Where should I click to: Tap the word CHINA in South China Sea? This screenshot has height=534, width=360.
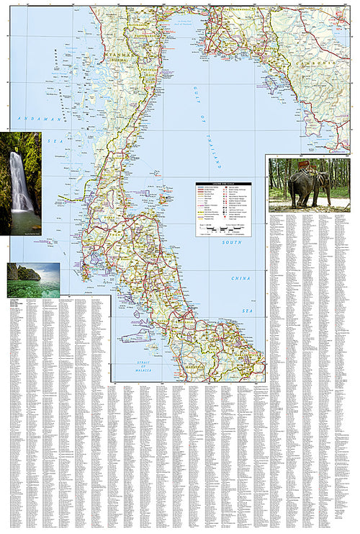(x=240, y=277)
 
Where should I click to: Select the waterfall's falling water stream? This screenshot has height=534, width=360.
(x=19, y=180)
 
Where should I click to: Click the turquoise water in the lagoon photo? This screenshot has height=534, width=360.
(x=36, y=288)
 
